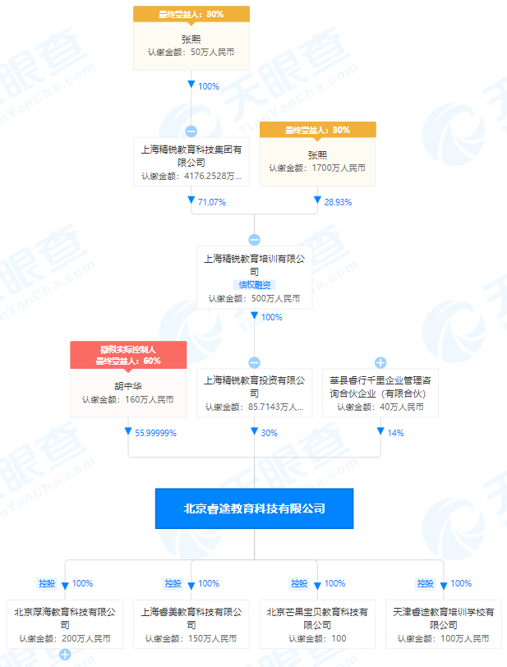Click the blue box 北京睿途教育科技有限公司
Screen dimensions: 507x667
coord(254,508)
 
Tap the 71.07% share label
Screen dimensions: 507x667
coord(211,201)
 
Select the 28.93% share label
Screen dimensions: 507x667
coord(337,201)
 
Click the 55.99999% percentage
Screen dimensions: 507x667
coord(155,433)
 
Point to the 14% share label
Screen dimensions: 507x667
coord(396,433)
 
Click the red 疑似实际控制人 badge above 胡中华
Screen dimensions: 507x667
coord(128,349)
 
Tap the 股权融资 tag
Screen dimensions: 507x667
coord(254,284)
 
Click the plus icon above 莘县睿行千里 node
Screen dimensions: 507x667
coord(380,362)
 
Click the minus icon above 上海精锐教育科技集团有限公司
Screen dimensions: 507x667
coord(191,131)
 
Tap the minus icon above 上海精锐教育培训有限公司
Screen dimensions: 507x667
coord(254,240)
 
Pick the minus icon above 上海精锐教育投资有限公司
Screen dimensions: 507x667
coord(254,362)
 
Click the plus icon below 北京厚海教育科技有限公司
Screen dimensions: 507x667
coord(65,655)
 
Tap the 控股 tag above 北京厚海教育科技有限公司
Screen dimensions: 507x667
coord(46,583)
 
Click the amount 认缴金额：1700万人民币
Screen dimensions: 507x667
coord(317,168)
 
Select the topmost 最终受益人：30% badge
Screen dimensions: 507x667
coord(191,14)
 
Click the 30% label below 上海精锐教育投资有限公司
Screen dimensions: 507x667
coord(269,433)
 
